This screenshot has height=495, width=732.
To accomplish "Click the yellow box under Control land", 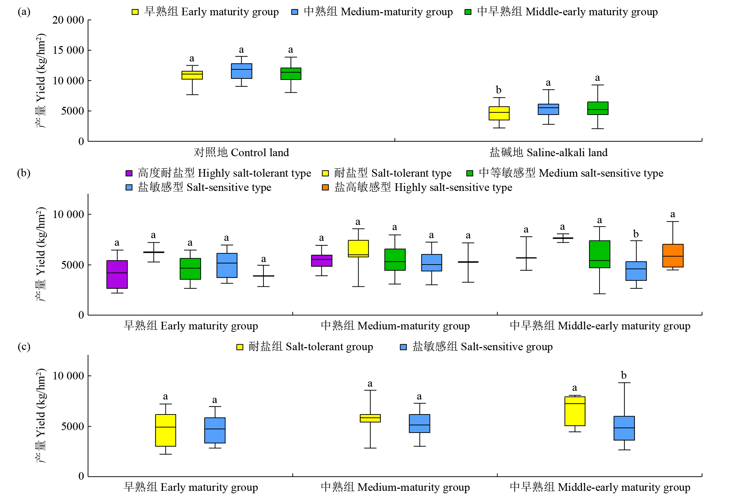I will pos(192,75).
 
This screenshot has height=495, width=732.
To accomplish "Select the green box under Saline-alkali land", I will pos(597,108).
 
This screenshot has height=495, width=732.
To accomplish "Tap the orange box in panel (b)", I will pos(672,256).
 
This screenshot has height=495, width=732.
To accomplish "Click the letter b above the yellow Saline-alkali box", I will pos(498,90).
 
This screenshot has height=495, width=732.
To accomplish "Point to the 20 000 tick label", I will pos(68,20).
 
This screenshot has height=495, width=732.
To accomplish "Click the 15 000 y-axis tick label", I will pos(68,50).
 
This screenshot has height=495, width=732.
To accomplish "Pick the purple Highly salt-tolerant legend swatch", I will pos(129,173).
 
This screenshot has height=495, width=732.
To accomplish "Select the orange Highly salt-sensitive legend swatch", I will pos(325,187).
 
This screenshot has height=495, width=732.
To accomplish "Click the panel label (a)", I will pos(24,12).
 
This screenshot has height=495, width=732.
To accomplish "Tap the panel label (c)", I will pos(24,347).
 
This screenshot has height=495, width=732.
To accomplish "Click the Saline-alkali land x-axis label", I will pos(548,153).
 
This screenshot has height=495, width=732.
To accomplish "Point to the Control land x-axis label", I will pos(241,153).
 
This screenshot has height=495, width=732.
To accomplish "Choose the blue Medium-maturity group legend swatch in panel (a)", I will pos(295,12).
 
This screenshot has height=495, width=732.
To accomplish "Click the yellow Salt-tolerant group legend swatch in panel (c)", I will pos(240,347).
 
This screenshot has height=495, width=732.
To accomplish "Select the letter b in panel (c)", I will pos(623,376).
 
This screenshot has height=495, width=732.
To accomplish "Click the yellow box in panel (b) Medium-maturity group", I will pos(358,249).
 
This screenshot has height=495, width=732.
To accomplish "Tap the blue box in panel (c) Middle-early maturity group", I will pos(624,428).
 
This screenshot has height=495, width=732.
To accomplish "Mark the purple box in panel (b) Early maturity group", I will pos(117,274).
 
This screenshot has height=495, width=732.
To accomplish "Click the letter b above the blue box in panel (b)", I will pos(636,234).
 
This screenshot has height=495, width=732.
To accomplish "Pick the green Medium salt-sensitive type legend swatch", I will pos(470,173).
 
